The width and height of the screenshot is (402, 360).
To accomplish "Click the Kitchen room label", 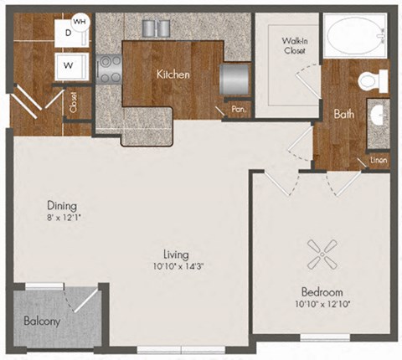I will pos(173,75).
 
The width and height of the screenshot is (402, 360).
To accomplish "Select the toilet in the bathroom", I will pos(372,82).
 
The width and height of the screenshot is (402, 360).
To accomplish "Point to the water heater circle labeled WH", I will pos(80,21).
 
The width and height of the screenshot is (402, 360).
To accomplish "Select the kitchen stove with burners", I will pos(108,67).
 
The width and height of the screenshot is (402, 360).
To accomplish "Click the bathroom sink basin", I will pos(379,116).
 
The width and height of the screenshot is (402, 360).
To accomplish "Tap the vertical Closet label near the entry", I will pos(75,105).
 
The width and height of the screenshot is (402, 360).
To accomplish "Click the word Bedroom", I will pos(322,292).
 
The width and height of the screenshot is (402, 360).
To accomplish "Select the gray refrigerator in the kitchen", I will pos(232,80).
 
